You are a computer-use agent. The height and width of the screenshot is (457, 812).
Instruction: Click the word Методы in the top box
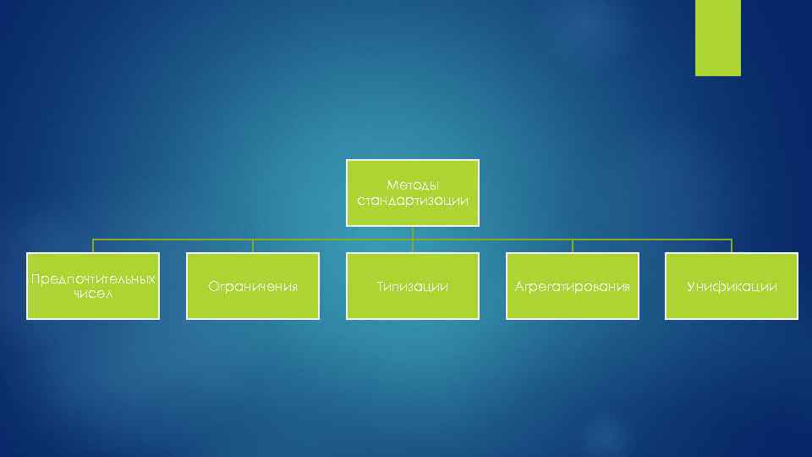[413, 184]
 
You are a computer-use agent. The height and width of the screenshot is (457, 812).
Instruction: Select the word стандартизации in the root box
[413, 201]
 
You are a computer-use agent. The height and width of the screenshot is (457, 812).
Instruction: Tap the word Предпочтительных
[93, 278]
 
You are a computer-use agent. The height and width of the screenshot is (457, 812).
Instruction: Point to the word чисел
[93, 294]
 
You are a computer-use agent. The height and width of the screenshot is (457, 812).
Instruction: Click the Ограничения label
[253, 287]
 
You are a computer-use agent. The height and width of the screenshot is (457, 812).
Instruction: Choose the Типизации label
[413, 287]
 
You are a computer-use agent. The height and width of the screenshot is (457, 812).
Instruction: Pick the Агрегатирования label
[573, 287]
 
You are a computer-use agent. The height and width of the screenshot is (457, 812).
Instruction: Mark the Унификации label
[732, 287]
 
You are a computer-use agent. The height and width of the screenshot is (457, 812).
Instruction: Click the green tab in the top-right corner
[717, 37]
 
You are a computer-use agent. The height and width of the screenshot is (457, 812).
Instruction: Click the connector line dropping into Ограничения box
[253, 246]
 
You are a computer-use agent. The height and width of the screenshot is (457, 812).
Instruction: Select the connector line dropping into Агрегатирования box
[573, 246]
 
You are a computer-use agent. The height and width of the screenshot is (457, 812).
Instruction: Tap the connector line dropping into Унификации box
[732, 246]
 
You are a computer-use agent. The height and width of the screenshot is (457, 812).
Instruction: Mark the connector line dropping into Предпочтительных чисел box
[93, 246]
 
